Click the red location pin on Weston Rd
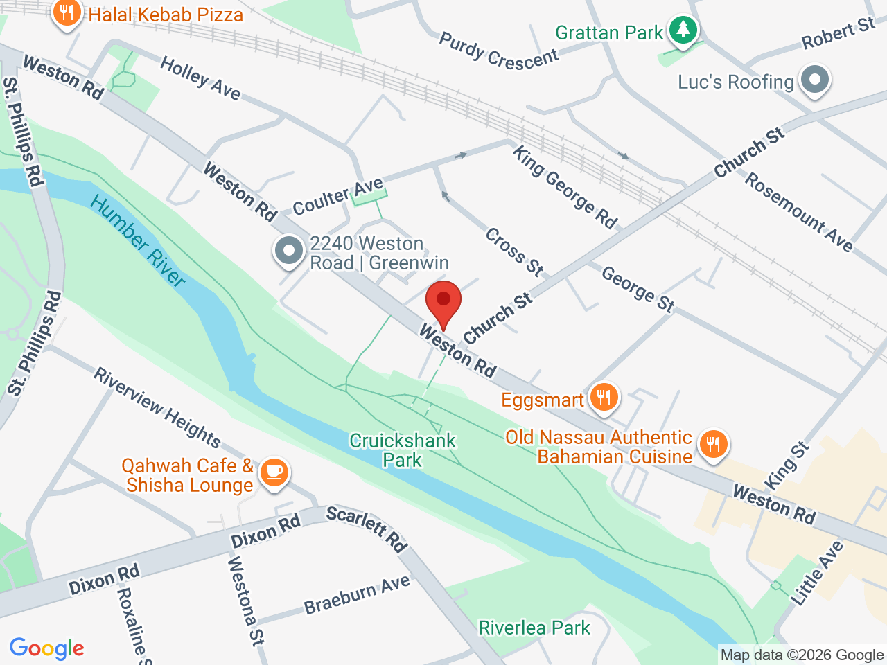[x=443, y=302]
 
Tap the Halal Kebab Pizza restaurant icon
[x=67, y=13]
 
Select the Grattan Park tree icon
[x=683, y=30]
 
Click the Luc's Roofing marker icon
[x=815, y=80]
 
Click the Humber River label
[x=138, y=241]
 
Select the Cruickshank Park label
[x=403, y=450]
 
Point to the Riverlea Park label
[x=534, y=628]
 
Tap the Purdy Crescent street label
[x=498, y=51]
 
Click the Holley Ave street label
[x=200, y=78]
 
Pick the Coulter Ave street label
[x=337, y=197]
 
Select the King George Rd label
[x=564, y=186]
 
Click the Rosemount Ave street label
[x=798, y=211]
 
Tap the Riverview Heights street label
[x=157, y=408]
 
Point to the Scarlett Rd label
[x=367, y=529]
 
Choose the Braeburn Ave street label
[x=357, y=595]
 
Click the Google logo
[x=46, y=649]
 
